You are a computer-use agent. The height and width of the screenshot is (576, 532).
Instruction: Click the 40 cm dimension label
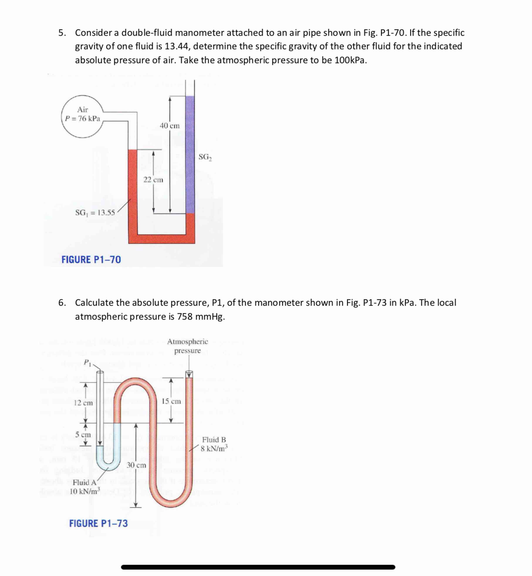pyautogui.click(x=170, y=126)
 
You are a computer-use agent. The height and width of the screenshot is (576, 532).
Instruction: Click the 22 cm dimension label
pyautogui.click(x=153, y=180)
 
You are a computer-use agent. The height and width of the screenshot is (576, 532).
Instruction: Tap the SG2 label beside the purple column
pyautogui.click(x=205, y=157)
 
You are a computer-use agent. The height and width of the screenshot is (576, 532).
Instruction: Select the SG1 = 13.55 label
pyautogui.click(x=95, y=213)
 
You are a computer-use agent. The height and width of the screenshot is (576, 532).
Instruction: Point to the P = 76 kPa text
pyautogui.click(x=83, y=119)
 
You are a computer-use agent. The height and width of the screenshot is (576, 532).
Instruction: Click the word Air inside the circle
pyautogui.click(x=82, y=110)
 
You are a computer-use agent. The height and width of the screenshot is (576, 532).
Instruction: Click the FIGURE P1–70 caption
pyautogui.click(x=91, y=259)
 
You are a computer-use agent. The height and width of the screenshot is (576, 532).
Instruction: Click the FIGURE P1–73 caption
pyautogui.click(x=98, y=523)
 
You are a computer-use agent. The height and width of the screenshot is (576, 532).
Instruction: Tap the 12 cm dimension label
pyautogui.click(x=83, y=403)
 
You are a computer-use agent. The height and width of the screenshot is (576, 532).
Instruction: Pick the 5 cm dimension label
pyautogui.click(x=83, y=435)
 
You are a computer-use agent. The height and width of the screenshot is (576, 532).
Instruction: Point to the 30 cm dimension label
pyautogui.click(x=137, y=465)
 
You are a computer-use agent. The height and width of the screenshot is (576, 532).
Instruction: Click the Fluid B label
pyautogui.click(x=214, y=440)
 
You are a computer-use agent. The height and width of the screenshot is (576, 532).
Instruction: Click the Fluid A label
pyautogui.click(x=85, y=482)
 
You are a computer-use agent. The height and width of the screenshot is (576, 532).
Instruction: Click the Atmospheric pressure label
pyautogui.click(x=187, y=346)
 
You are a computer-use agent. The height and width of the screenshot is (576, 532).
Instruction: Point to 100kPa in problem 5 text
pyautogui.click(x=350, y=60)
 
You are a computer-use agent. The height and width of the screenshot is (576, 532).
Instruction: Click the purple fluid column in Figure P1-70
pyautogui.click(x=190, y=155)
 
